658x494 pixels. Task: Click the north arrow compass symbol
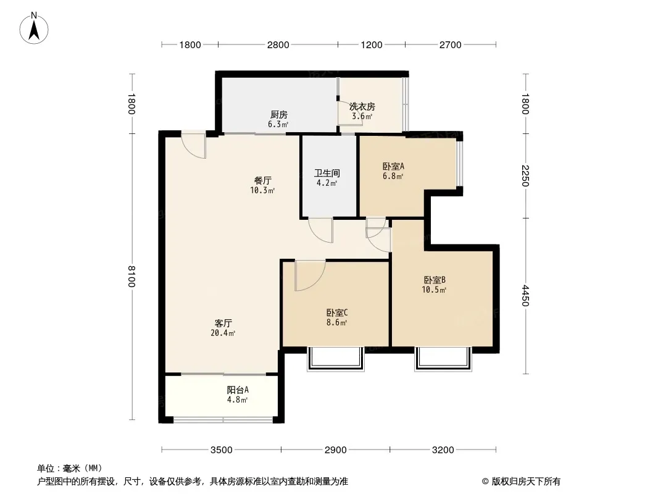click(34, 28)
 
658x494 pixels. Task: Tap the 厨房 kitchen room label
click(278, 115)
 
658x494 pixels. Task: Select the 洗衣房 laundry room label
click(362, 107)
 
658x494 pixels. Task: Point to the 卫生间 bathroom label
click(327, 173)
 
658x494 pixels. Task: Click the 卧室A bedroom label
click(393, 165)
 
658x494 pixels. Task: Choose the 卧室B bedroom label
click(435, 280)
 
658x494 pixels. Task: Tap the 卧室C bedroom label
click(337, 312)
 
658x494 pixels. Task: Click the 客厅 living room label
click(223, 323)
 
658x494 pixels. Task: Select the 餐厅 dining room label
click(263, 180)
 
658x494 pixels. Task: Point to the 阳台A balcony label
click(238, 390)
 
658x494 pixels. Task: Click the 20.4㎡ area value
click(223, 333)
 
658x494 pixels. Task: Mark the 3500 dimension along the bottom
click(221, 450)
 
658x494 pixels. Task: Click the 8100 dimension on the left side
click(131, 276)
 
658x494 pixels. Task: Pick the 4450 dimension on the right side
click(525, 296)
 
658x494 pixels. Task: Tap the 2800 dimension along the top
click(278, 44)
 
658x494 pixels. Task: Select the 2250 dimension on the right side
click(525, 176)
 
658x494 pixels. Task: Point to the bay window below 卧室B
click(443, 359)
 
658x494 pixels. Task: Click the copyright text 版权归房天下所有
click(526, 482)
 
